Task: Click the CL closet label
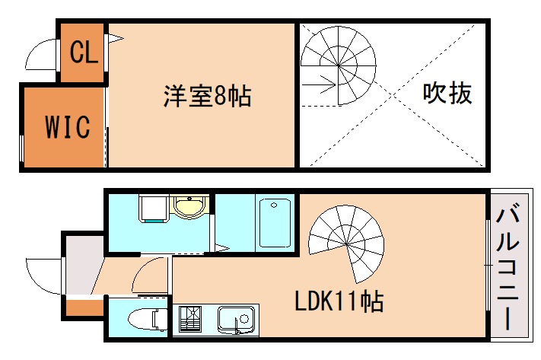pyautogui.click(x=82, y=53)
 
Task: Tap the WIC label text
pyautogui.click(x=67, y=126)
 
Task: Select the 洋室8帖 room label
pyautogui.click(x=206, y=97)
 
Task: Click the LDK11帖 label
pyautogui.click(x=339, y=301)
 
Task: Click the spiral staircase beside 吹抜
pyautogui.click(x=339, y=65)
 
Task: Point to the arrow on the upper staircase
pyautogui.click(x=324, y=83)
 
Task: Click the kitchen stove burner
pyautogui.click(x=190, y=319)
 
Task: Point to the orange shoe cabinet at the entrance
pyautogui.click(x=84, y=307)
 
